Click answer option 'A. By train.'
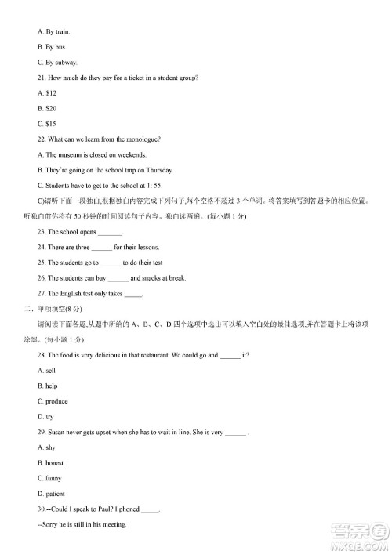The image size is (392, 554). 54,32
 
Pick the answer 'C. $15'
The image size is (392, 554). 49,124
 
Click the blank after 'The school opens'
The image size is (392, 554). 111,232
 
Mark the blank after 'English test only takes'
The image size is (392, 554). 133,294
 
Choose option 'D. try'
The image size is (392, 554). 45,417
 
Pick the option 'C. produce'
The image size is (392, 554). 53,401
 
